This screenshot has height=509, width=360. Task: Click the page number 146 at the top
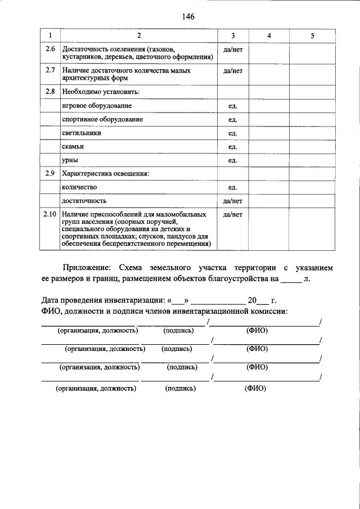[x=188, y=17]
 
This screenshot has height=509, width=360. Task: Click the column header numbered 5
[x=312, y=37]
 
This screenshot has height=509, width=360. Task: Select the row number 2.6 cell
[x=50, y=50]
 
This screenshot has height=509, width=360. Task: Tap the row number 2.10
[x=50, y=214]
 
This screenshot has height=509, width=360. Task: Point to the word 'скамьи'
[x=72, y=147]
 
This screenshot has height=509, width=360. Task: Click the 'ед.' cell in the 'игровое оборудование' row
[x=232, y=106]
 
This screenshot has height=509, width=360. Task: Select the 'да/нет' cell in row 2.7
[x=232, y=71]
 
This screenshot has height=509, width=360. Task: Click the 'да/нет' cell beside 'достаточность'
[x=232, y=201]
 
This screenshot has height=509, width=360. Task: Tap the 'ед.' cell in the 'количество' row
[x=232, y=187]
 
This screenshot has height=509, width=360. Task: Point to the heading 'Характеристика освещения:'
[x=105, y=174]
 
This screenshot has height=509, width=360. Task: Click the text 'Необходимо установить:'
[x=101, y=91]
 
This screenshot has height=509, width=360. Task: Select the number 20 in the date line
[x=252, y=299]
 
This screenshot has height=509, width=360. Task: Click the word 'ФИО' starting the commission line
[x=52, y=310]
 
